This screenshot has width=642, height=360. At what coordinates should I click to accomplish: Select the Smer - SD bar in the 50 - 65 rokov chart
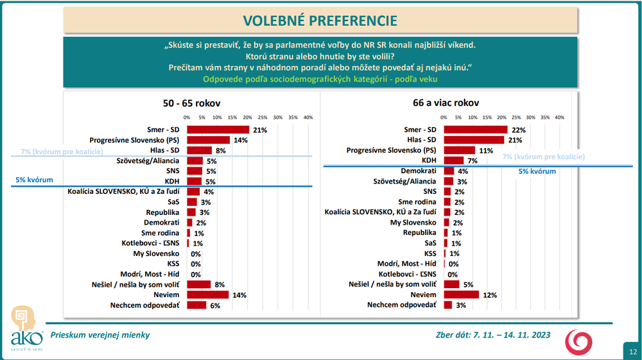218,130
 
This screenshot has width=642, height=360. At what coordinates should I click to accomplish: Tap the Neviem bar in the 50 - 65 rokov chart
207,295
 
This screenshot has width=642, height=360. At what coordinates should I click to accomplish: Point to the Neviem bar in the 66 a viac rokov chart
462,295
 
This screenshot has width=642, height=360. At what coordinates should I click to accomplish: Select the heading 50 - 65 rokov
193,103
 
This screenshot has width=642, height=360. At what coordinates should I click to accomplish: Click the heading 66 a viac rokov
446,103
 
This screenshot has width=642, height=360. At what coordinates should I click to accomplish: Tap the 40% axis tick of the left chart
308,117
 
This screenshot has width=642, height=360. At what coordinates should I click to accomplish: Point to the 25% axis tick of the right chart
516,117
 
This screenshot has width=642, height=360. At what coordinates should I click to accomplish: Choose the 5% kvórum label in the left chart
34,180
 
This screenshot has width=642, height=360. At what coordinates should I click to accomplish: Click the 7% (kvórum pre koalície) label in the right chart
543,157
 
